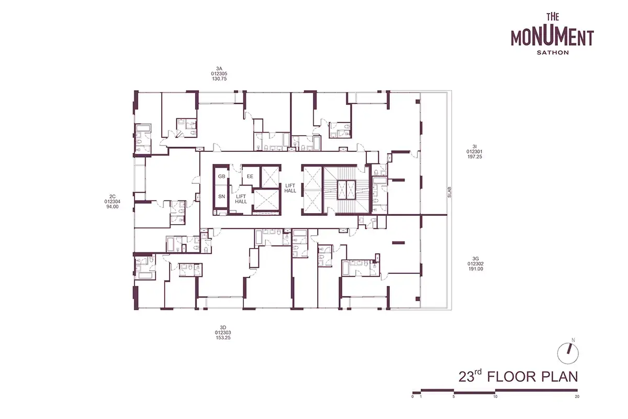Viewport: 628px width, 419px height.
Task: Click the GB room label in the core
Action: click(x=221, y=177)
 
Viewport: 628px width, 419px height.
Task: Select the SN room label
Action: click(x=221, y=196)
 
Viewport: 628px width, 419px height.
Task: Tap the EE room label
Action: click(x=250, y=177)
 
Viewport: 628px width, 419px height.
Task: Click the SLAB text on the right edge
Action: click(x=450, y=192)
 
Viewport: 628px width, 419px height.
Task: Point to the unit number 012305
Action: click(x=219, y=74)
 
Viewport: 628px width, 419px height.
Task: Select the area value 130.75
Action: click(x=219, y=79)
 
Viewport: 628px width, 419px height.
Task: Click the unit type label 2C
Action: click(x=112, y=196)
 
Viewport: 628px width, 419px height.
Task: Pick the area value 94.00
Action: click(x=112, y=207)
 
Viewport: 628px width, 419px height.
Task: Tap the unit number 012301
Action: click(x=474, y=151)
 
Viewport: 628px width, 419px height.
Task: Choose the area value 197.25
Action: click(x=474, y=157)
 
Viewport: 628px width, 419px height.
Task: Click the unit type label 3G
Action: click(x=475, y=259)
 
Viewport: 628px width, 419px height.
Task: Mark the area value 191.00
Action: click(x=476, y=269)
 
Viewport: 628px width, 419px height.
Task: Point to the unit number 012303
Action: click(x=223, y=333)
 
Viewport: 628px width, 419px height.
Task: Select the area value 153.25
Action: click(x=223, y=338)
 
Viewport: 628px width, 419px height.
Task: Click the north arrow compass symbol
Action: click(x=568, y=354)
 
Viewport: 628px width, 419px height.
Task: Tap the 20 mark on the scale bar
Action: click(x=577, y=396)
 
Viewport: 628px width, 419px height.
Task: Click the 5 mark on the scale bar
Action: click(x=454, y=396)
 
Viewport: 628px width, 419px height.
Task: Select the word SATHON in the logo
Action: click(x=553, y=52)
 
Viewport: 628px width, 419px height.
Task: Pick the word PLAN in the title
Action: click(x=559, y=377)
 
